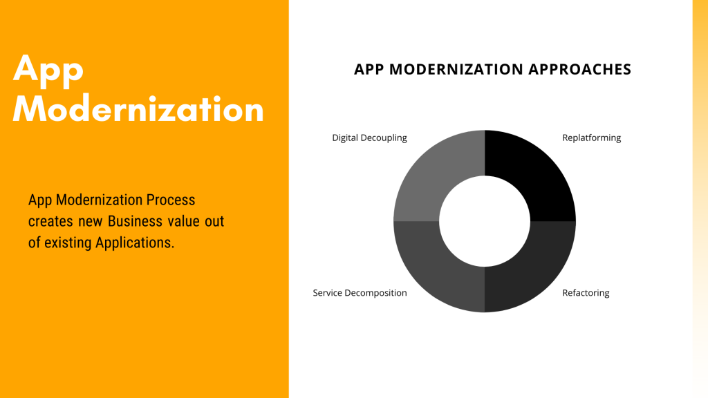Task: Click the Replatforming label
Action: click(x=592, y=138)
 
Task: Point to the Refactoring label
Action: click(x=586, y=293)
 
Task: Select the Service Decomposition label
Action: click(x=360, y=293)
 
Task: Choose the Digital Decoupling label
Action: click(x=369, y=138)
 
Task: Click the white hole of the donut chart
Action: click(x=485, y=221)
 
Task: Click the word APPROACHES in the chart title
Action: click(x=580, y=70)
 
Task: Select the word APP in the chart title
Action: click(x=369, y=70)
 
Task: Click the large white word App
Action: click(x=48, y=70)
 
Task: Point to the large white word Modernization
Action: click(x=138, y=108)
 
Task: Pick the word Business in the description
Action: click(x=135, y=221)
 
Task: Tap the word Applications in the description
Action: click(x=135, y=243)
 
